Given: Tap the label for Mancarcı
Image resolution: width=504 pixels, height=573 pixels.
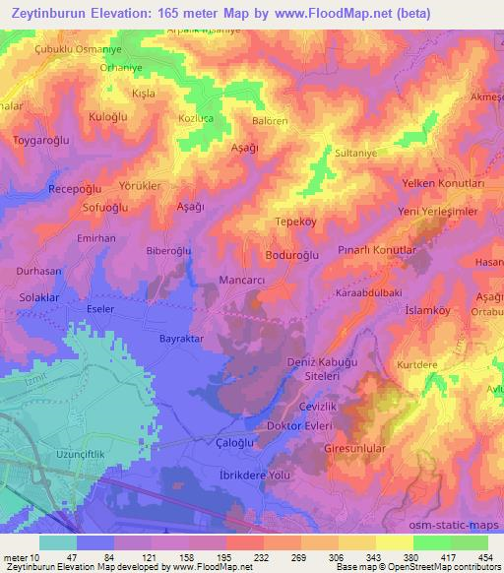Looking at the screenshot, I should click(x=241, y=280).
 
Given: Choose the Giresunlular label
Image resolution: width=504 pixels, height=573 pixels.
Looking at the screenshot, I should click(x=360, y=446).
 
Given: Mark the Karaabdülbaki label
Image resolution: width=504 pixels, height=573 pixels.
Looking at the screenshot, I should click(x=374, y=291).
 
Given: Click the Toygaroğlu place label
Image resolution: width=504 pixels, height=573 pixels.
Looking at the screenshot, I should click(x=40, y=141).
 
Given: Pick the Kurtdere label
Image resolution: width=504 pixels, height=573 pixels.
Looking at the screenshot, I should click(x=416, y=364).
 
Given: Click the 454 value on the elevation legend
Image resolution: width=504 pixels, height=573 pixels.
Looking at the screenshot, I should click(x=483, y=556).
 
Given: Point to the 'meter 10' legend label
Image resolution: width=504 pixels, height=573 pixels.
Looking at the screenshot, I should click(x=23, y=556).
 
